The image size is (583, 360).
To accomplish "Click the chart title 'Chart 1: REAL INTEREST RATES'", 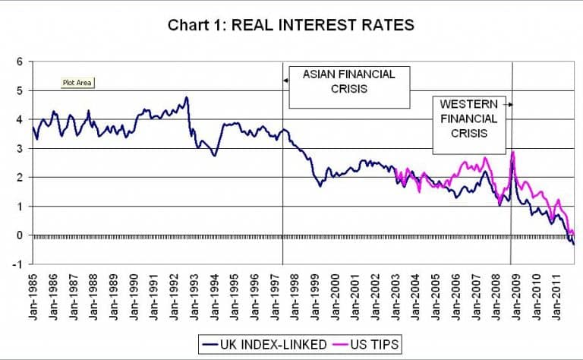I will [x=291, y=25].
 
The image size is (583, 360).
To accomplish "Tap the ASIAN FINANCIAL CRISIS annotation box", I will [x=348, y=88].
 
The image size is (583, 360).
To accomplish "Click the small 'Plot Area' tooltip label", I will [x=79, y=84].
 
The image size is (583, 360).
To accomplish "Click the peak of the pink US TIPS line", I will [x=514, y=152].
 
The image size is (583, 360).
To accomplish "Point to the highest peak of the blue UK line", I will [x=186, y=97].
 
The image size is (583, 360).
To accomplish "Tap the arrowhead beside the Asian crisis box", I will [x=286, y=80].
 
